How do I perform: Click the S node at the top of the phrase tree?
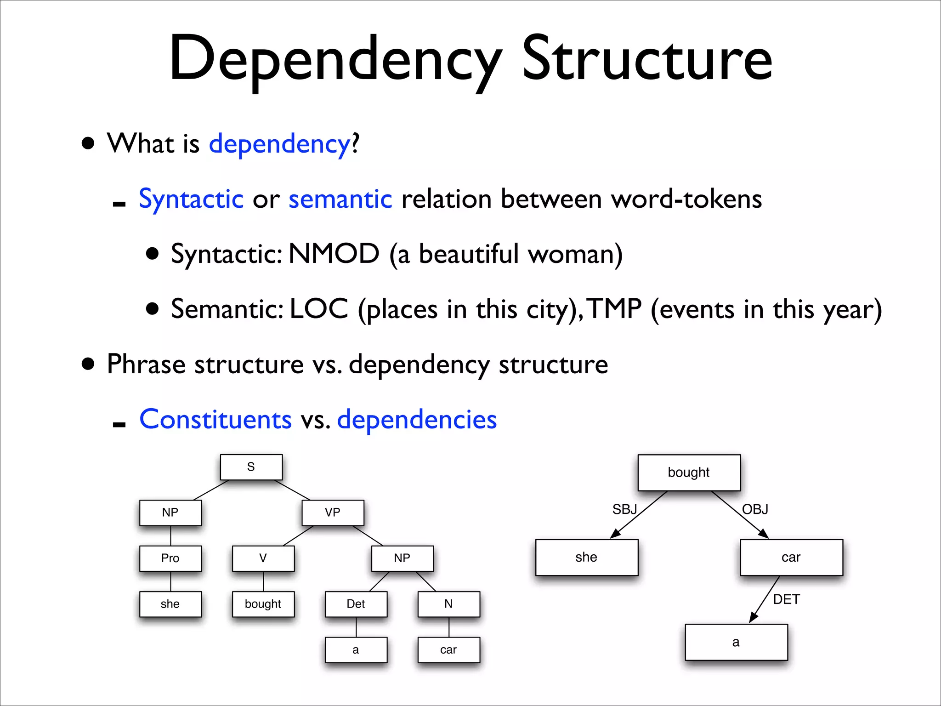251,467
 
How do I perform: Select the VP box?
333,512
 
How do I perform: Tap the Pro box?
170,558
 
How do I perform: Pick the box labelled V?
263,558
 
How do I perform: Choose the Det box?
356,604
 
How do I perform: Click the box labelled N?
448,604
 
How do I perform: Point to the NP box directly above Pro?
170,512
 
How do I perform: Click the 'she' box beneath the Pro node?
170,604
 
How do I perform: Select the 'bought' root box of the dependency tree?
689,473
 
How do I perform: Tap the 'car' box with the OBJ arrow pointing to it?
791,557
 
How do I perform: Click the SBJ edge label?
624,509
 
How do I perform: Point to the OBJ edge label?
755,509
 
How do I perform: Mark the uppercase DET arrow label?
787,599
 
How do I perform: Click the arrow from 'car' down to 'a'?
764,600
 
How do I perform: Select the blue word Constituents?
215,419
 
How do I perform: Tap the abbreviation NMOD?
334,254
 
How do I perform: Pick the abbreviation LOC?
319,309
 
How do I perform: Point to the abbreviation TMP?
615,309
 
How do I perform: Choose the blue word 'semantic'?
340,199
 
